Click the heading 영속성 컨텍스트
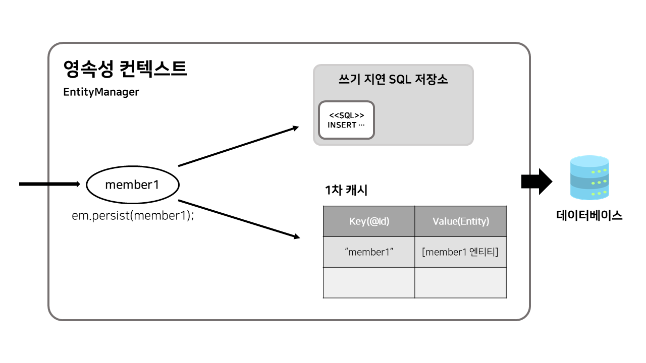pyautogui.click(x=125, y=69)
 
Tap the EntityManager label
pyautogui.click(x=101, y=93)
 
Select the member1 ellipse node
pyautogui.click(x=132, y=185)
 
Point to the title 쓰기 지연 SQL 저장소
pyautogui.click(x=393, y=80)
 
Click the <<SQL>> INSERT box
pyautogui.click(x=346, y=120)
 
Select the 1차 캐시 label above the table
pyautogui.click(x=346, y=191)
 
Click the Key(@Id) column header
pyautogui.click(x=369, y=221)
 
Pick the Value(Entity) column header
pyautogui.click(x=460, y=221)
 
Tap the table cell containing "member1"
pyautogui.click(x=369, y=252)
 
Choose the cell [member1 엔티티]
pyautogui.click(x=460, y=252)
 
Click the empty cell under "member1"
pyautogui.click(x=369, y=282)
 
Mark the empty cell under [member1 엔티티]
pyautogui.click(x=460, y=282)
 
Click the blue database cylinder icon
pyautogui.click(x=589, y=177)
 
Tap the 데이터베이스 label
pyautogui.click(x=589, y=216)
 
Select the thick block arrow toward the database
pyautogui.click(x=536, y=181)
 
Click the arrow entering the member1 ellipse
pyautogui.click(x=49, y=184)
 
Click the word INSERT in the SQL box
pyautogui.click(x=342, y=125)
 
